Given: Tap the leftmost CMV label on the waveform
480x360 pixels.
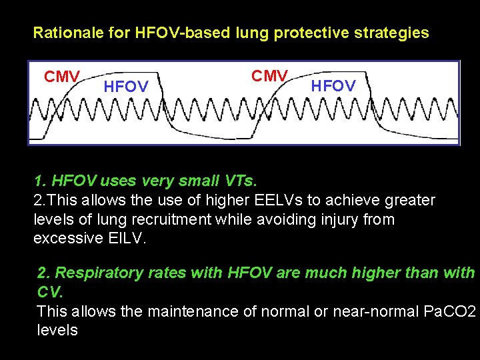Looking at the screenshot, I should [x=61, y=77].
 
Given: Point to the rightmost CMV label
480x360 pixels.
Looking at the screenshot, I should [x=269, y=76].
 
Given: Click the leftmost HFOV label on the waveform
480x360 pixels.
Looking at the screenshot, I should [x=126, y=87].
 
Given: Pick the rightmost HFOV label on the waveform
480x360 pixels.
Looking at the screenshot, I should [x=333, y=85].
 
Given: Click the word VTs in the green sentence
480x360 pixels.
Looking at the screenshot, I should [x=238, y=181].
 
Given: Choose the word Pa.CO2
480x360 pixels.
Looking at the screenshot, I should [x=449, y=311].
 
